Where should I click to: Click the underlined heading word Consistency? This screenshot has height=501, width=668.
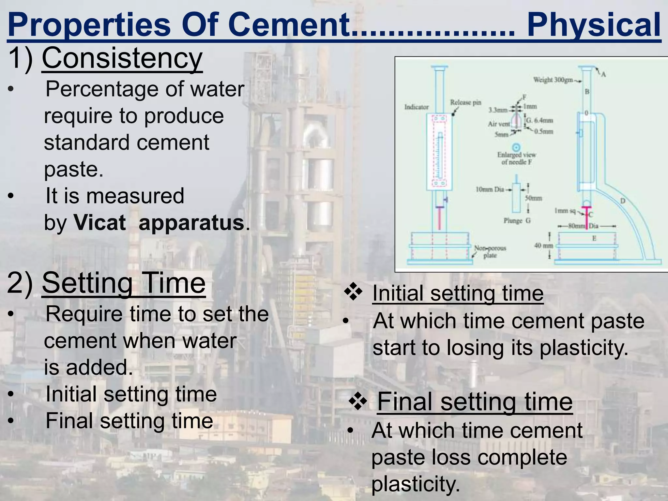click(x=122, y=58)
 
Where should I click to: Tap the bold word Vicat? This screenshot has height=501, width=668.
click(x=99, y=223)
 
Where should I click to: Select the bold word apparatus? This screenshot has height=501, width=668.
click(x=191, y=223)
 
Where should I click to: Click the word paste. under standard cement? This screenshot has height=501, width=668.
click(x=74, y=169)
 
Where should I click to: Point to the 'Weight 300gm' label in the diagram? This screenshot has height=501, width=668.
click(x=553, y=80)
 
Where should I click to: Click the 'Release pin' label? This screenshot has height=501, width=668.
click(x=465, y=102)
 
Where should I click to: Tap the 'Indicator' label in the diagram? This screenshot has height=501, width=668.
click(x=417, y=107)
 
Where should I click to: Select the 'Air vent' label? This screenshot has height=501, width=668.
click(x=499, y=124)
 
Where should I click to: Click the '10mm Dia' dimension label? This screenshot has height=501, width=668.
click(x=490, y=189)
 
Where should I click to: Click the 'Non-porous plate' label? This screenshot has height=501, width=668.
click(x=490, y=251)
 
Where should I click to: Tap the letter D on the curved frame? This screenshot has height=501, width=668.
click(x=622, y=201)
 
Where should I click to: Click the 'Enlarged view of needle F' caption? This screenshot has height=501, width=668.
click(x=516, y=158)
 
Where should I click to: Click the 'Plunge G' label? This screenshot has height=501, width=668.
click(x=517, y=221)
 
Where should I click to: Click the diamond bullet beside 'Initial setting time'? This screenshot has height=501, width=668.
click(x=353, y=292)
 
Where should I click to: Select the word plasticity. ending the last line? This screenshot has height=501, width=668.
click(x=416, y=484)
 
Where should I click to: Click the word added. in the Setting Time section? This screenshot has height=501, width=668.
click(x=99, y=368)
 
